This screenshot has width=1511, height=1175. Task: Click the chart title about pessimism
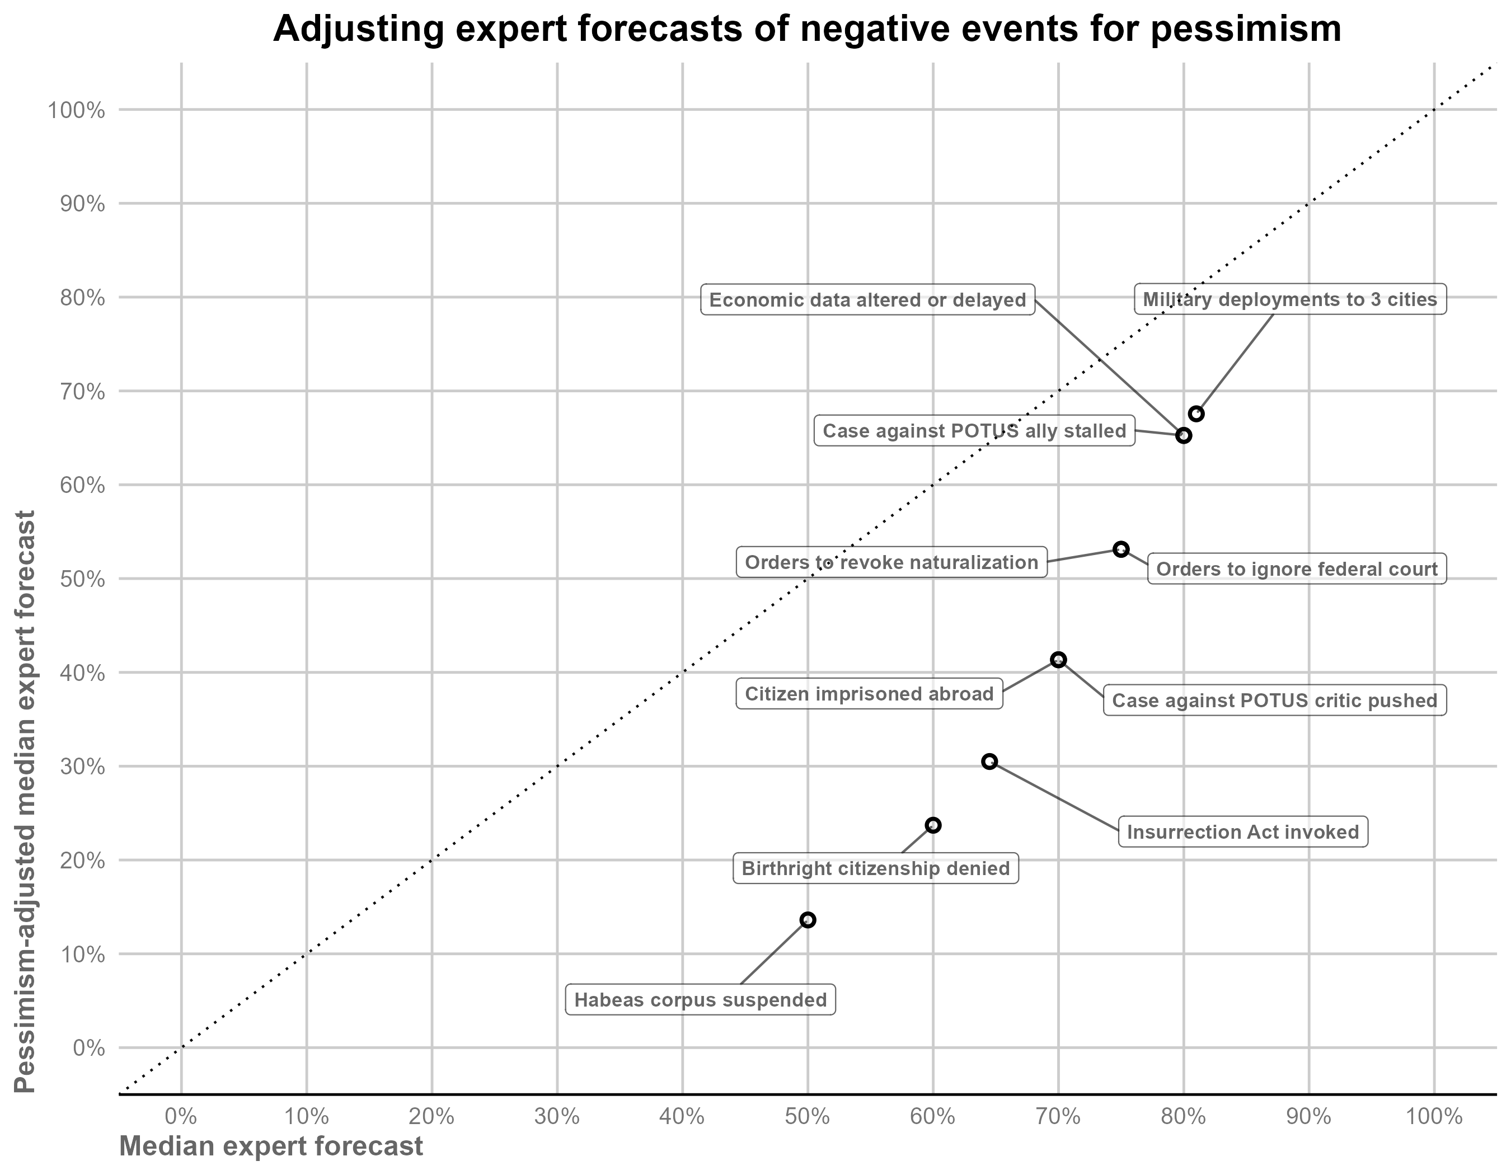[x=806, y=29]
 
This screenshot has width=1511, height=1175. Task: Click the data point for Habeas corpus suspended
[x=808, y=920]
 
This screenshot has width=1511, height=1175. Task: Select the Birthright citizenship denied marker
[x=932, y=825]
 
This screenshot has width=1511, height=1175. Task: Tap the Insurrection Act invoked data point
[x=989, y=762]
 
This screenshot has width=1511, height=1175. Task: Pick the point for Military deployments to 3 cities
[x=1196, y=413]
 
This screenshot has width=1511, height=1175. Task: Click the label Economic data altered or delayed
[x=867, y=300]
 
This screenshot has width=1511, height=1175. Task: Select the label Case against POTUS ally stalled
[x=974, y=431]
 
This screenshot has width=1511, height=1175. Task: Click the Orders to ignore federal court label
[x=1297, y=569]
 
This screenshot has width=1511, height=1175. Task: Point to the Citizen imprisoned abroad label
[x=869, y=694]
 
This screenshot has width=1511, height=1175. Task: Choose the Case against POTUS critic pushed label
[x=1274, y=701]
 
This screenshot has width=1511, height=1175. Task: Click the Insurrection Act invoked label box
[x=1242, y=831]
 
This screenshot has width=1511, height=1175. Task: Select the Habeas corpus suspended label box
[x=700, y=1000]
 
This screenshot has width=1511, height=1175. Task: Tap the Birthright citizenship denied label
[x=875, y=868]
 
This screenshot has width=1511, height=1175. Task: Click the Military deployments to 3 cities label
[x=1289, y=299]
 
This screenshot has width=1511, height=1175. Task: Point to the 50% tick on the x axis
[x=808, y=1117]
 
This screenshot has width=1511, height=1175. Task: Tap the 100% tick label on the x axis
[x=1434, y=1117]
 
